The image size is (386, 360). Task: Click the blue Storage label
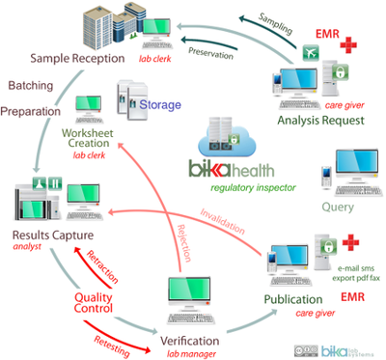pos(161,104)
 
